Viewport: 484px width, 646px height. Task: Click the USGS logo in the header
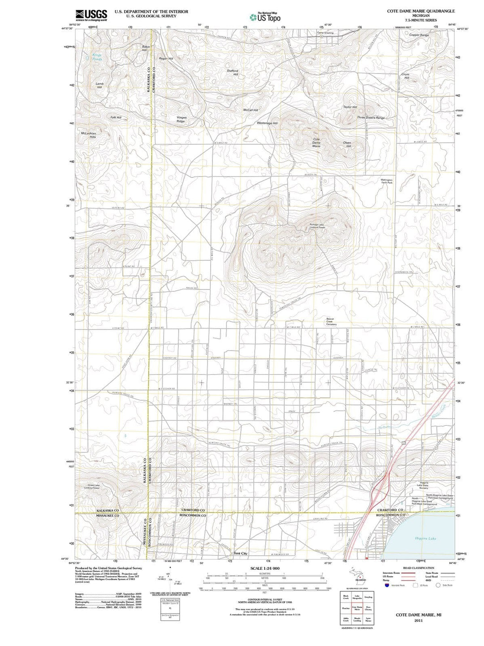point(91,15)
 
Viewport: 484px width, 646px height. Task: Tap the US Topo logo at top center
point(265,17)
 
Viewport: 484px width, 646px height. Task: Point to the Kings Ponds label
point(97,57)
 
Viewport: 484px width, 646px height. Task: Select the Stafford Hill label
point(232,73)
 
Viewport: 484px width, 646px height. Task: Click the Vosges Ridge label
point(181,120)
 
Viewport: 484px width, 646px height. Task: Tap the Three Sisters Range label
point(371,118)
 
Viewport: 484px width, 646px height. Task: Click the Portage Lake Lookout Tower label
point(317,226)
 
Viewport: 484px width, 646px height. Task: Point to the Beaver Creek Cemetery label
point(331,322)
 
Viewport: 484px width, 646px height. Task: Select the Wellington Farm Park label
point(387,181)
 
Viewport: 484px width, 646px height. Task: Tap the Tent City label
point(241,553)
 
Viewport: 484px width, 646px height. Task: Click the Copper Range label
point(419,35)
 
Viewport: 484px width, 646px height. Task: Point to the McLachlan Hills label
point(88,135)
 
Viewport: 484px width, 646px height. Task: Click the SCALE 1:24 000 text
point(264,568)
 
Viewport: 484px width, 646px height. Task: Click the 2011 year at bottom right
point(419,621)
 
